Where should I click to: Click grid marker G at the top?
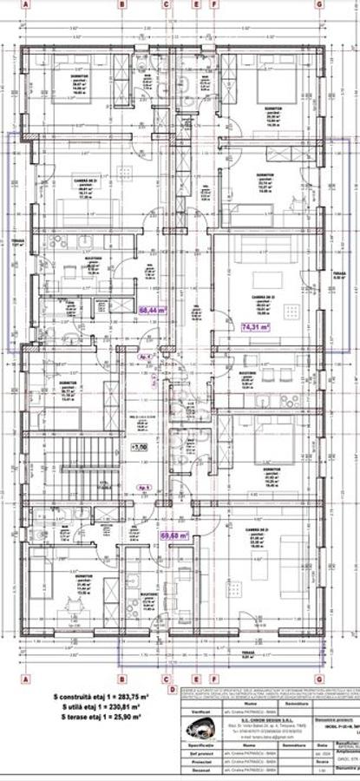[319, 4]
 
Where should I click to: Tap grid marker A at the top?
[26, 4]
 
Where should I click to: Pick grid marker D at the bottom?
[172, 690]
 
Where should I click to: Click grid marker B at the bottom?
[122, 679]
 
